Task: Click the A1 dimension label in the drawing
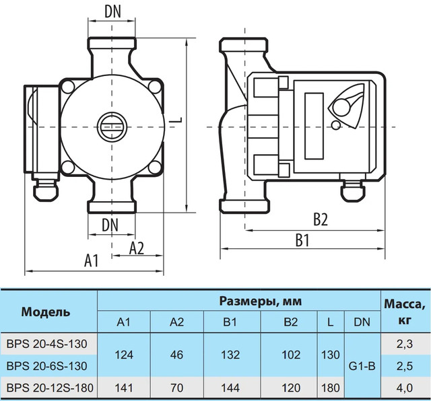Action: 92,260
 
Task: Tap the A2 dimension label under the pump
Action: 137,248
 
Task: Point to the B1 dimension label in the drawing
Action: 302,240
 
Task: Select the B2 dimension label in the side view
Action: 321,219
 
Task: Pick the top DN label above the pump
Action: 112,12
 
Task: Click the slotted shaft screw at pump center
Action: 112,127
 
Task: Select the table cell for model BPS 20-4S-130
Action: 46,344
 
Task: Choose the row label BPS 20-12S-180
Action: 50,388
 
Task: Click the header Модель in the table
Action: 46,312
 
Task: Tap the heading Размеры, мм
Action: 261,301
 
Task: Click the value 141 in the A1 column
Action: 124,388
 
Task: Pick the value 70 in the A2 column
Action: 176,388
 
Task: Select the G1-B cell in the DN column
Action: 362,366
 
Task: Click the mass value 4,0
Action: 405,388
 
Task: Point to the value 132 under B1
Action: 230,355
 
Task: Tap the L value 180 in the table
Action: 331,388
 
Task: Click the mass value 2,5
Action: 405,366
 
